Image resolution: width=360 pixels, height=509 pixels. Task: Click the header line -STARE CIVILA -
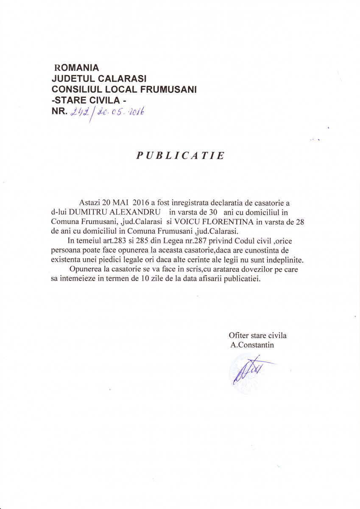click(89, 101)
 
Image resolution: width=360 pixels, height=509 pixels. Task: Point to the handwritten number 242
click(82, 112)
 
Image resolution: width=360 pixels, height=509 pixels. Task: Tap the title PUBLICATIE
click(180, 156)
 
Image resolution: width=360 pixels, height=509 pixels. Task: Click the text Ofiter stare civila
click(258, 336)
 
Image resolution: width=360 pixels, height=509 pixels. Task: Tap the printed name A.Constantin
click(252, 345)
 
